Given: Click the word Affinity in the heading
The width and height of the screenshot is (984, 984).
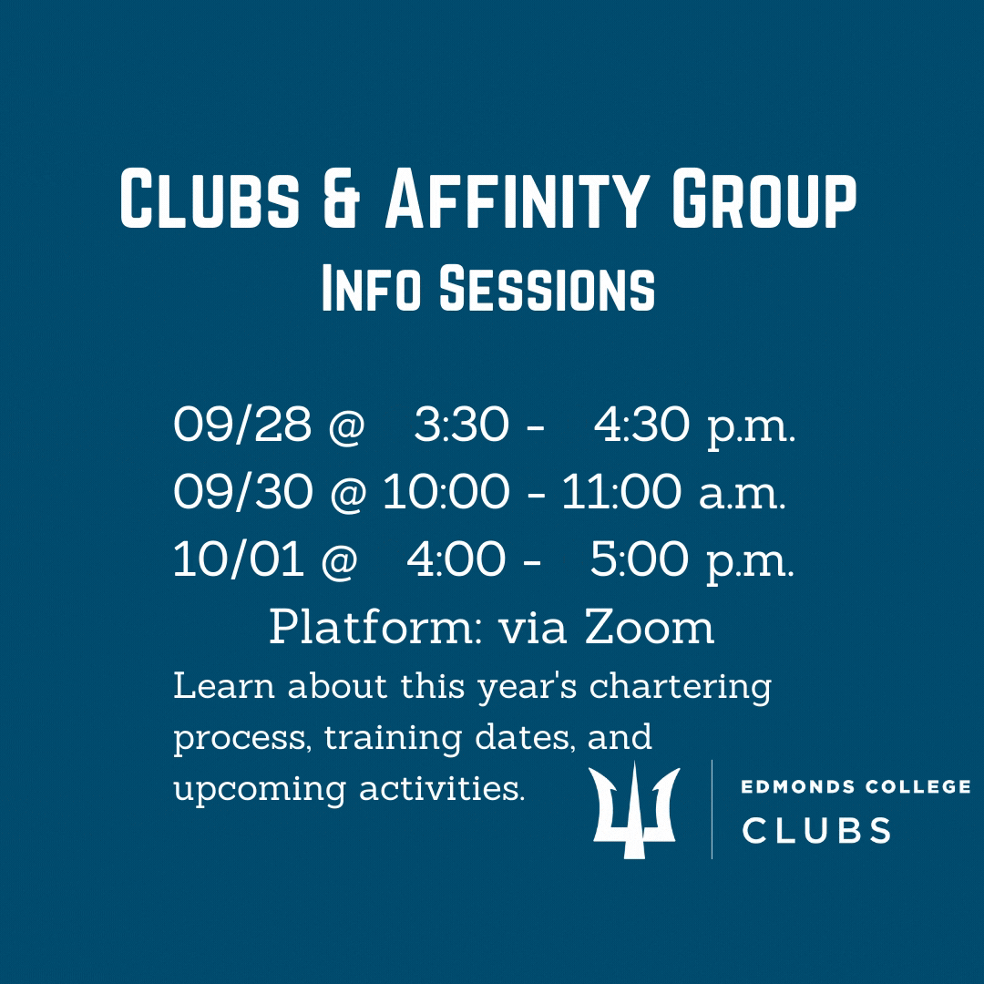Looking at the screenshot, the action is [x=516, y=199].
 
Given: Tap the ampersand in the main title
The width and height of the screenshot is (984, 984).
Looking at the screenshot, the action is [x=342, y=199].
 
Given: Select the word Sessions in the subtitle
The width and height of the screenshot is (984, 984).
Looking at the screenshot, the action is [x=547, y=289].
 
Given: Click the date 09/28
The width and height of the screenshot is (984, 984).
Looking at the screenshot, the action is [x=242, y=424].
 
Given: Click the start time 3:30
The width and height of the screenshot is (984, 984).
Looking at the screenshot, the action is [x=461, y=424].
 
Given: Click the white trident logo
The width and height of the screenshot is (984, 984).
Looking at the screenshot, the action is [x=634, y=810].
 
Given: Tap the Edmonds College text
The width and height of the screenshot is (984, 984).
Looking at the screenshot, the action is [x=856, y=786].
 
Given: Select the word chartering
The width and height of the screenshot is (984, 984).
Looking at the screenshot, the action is [x=681, y=687].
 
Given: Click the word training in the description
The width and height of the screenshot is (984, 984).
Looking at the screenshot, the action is [x=394, y=738].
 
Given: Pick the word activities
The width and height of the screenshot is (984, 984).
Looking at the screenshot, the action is [x=442, y=788].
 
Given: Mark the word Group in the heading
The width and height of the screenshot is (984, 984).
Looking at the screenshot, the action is [x=764, y=199].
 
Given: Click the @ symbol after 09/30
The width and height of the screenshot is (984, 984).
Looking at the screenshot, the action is [x=348, y=493].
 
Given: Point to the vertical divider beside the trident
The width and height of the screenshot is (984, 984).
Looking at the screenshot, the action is [x=712, y=809].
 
